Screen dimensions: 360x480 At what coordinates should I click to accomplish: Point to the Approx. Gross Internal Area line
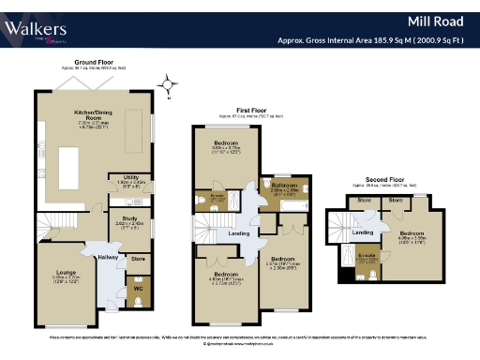tap(375, 40)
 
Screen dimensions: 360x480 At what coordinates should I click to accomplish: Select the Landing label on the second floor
tap(362, 232)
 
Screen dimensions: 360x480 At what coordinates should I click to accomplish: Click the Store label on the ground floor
tap(139, 258)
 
